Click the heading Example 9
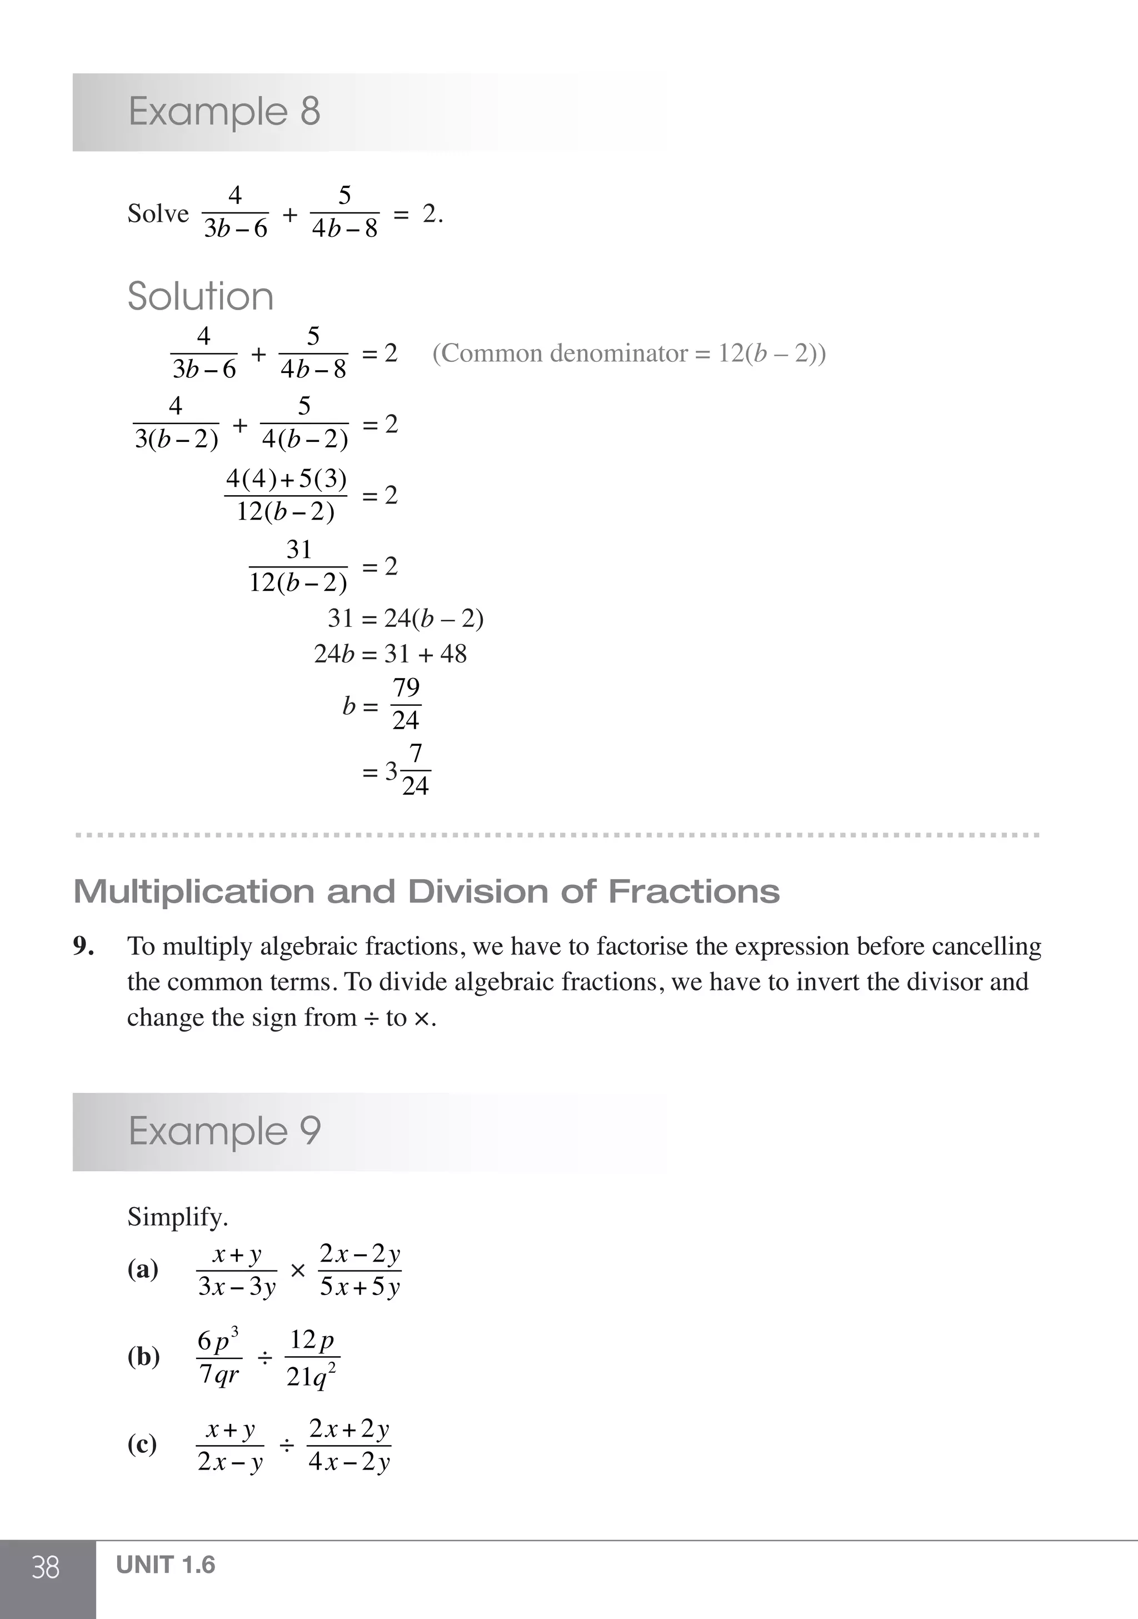click(x=224, y=1131)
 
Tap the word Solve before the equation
click(x=158, y=213)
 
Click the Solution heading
click(x=200, y=296)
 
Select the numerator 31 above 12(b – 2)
click(x=298, y=549)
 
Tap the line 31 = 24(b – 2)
click(x=406, y=619)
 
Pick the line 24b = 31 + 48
click(x=390, y=654)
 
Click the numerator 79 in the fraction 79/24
click(x=406, y=688)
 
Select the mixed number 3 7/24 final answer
click(x=406, y=771)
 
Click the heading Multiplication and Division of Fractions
click(x=427, y=892)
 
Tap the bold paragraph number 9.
click(x=84, y=947)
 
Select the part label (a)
click(x=143, y=1270)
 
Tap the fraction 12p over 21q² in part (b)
click(x=312, y=1357)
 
